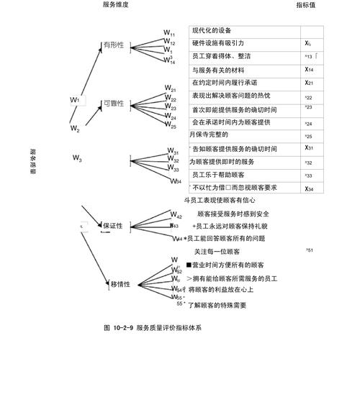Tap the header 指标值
(x=306, y=4)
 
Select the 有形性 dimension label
(x=113, y=45)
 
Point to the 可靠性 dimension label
(x=113, y=104)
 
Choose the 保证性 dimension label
(x=112, y=226)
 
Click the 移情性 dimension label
(x=120, y=284)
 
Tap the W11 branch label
(x=169, y=33)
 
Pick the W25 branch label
(x=170, y=126)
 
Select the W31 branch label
(x=173, y=152)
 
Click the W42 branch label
(x=176, y=215)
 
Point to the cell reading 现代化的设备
(x=212, y=31)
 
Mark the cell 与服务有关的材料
(x=218, y=70)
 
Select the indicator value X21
(x=309, y=83)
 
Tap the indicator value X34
(x=309, y=189)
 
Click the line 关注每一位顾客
(x=217, y=252)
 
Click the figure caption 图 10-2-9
(x=152, y=328)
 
